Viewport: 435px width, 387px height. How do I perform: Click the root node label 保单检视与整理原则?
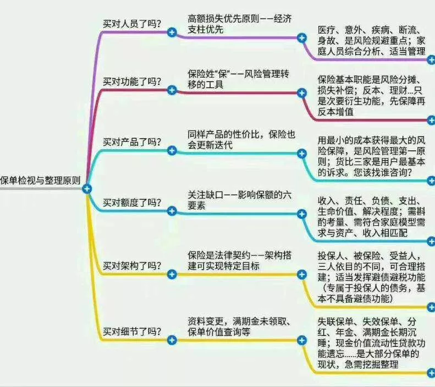[x=41, y=181]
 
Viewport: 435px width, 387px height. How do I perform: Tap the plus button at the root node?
[x=87, y=189]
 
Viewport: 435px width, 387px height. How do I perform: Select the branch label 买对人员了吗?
[x=132, y=24]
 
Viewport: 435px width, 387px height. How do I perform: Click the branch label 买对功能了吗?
[x=132, y=81]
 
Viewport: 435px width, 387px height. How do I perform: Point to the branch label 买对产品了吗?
[x=132, y=142]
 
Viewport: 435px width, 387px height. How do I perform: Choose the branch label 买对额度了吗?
[x=132, y=203]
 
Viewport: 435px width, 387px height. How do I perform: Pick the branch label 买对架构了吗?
[x=132, y=266]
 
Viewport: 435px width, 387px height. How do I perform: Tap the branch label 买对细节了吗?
[x=132, y=331]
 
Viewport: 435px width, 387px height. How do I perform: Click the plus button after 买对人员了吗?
[x=172, y=32]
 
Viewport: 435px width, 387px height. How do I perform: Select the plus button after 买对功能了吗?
[x=172, y=90]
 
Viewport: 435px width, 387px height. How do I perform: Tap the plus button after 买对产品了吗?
[x=172, y=150]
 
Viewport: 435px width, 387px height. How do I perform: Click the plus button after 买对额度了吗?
[x=172, y=211]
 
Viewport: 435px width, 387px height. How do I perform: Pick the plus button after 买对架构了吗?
[x=172, y=274]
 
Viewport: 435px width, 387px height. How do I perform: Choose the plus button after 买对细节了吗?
[x=172, y=340]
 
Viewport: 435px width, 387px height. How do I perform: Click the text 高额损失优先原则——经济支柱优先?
[x=240, y=24]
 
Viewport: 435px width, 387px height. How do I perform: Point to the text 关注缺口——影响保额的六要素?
[x=240, y=200]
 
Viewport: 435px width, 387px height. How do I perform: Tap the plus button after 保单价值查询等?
[x=301, y=340]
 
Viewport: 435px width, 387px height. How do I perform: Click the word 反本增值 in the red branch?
[x=335, y=112]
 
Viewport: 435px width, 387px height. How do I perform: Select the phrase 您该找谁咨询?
[x=383, y=173]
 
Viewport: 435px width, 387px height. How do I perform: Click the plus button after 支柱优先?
[x=301, y=38]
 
